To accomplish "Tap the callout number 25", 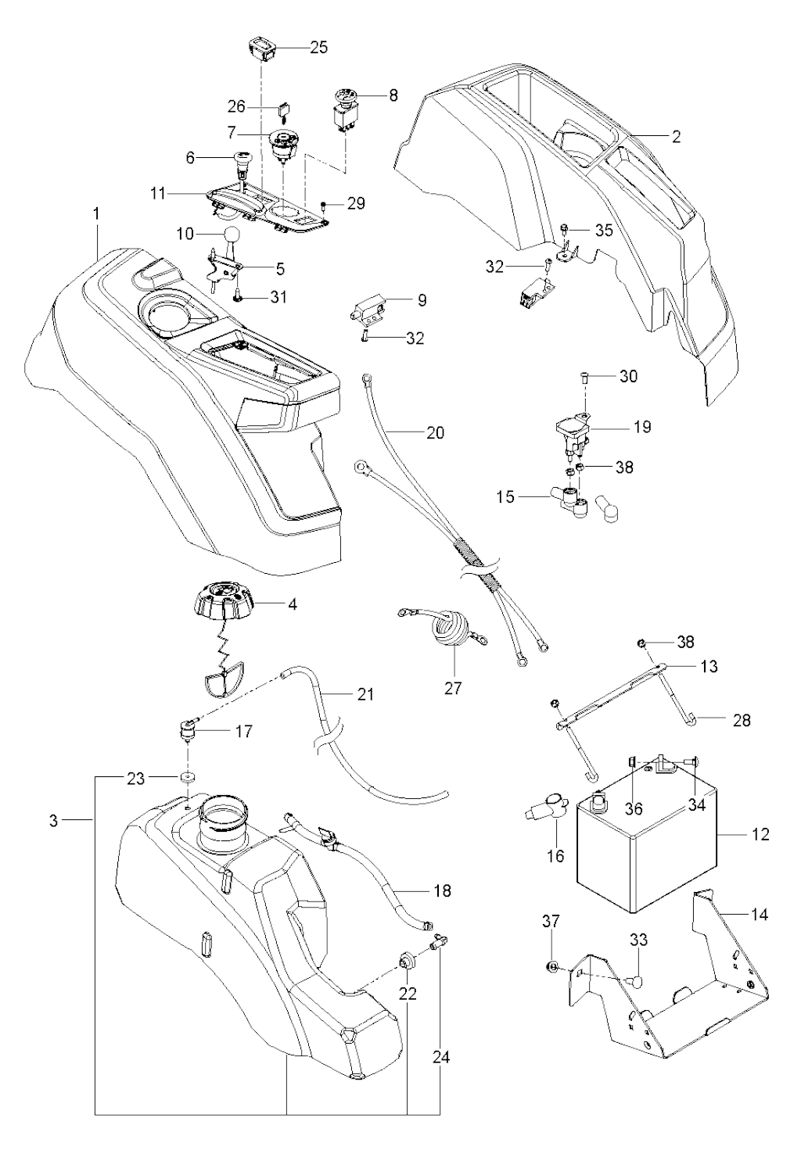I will pos(318,48).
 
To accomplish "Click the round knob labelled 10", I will pos(232,235).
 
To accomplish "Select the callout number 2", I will pos(676,136).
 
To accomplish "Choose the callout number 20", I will pos(436,432).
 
